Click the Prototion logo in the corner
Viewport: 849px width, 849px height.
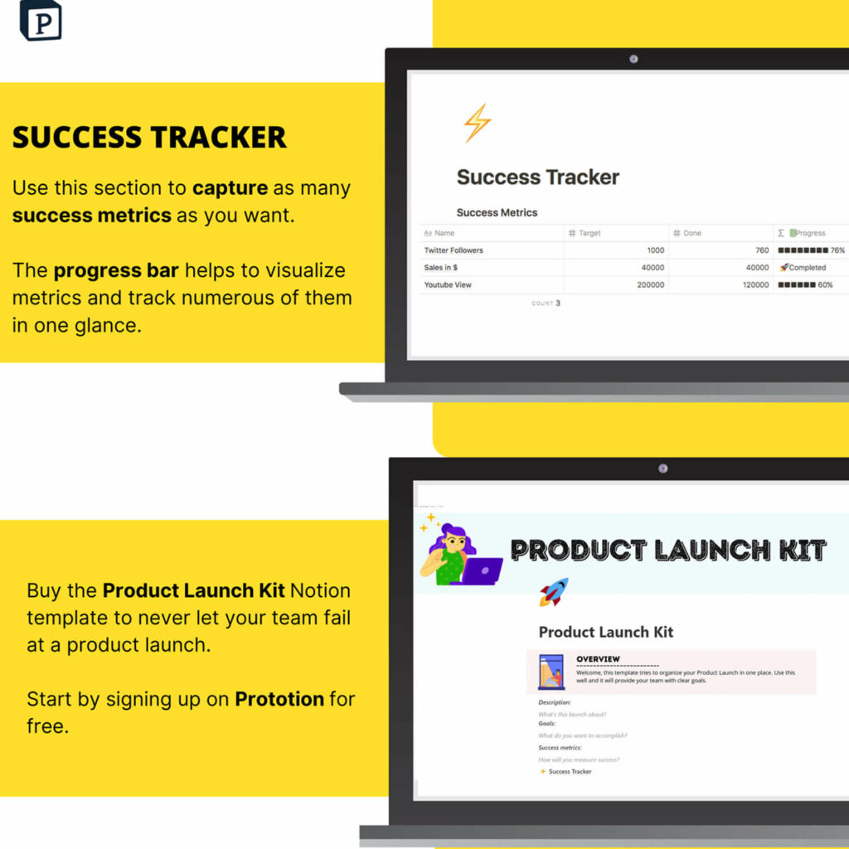(41, 20)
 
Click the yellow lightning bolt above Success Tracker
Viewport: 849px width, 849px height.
(477, 124)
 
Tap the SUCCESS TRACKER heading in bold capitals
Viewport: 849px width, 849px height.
(149, 137)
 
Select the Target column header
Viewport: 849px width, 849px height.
(589, 233)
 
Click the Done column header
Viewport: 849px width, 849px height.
(691, 233)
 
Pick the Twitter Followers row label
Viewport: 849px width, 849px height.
(454, 250)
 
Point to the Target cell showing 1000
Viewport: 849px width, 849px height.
(655, 250)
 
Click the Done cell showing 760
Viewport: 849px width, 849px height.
(762, 250)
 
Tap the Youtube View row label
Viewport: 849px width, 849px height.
(448, 285)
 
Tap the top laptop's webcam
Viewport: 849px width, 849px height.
(633, 59)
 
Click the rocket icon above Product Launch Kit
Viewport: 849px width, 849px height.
(554, 591)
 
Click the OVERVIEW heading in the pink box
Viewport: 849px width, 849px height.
(598, 659)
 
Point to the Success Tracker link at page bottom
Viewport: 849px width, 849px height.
(570, 772)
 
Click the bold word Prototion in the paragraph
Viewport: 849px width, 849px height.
(279, 699)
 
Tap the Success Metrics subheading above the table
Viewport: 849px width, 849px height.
(497, 213)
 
